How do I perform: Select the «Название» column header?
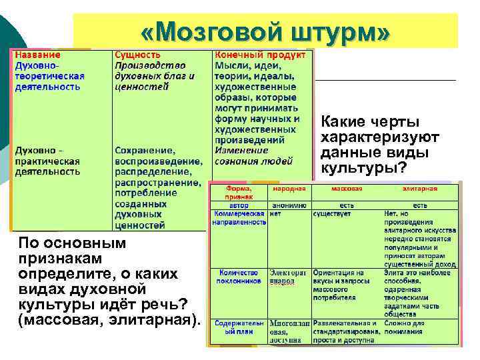point(38,54)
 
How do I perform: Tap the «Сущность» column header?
point(138,54)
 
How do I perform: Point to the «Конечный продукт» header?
point(260,54)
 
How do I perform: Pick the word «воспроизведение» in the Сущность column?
point(158,161)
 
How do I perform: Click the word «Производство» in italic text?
point(149,65)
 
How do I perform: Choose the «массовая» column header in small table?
point(347,189)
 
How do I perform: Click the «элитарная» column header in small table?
point(420,189)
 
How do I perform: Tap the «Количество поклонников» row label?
point(238,277)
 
